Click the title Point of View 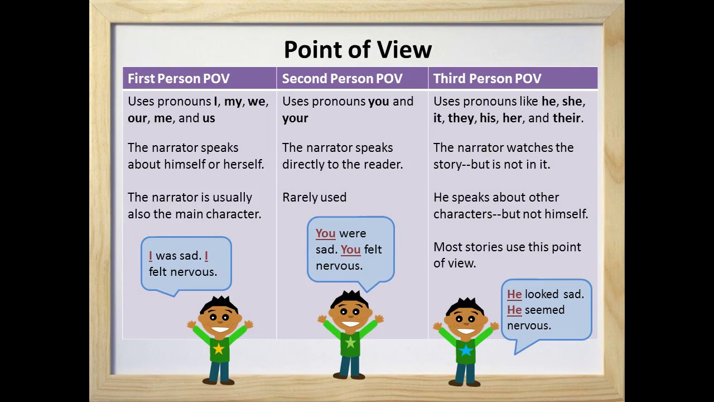358,49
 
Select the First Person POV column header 178,79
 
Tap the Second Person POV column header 342,79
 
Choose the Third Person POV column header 487,79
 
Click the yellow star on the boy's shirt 219,349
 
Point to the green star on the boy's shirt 350,342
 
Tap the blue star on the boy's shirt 465,350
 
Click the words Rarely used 314,198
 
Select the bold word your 295,118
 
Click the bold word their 566,118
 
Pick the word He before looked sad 514,294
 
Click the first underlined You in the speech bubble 325,233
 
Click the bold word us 209,118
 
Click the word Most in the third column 447,247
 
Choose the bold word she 572,102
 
